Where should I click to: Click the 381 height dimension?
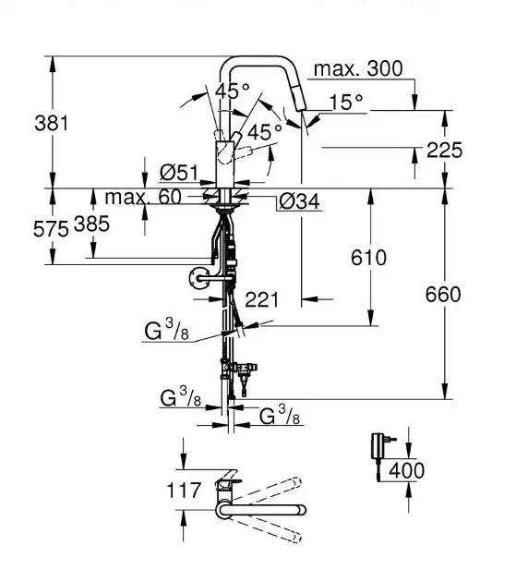tap(52, 123)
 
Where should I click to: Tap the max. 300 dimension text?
tap(358, 68)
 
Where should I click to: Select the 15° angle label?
tap(346, 102)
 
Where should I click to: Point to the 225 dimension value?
tap(444, 150)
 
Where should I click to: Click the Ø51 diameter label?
tap(179, 173)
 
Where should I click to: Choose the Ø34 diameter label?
tap(299, 201)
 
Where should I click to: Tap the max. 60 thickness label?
tap(143, 197)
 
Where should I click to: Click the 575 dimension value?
tap(51, 229)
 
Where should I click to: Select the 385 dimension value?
tap(91, 224)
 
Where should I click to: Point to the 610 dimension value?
tap(368, 258)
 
